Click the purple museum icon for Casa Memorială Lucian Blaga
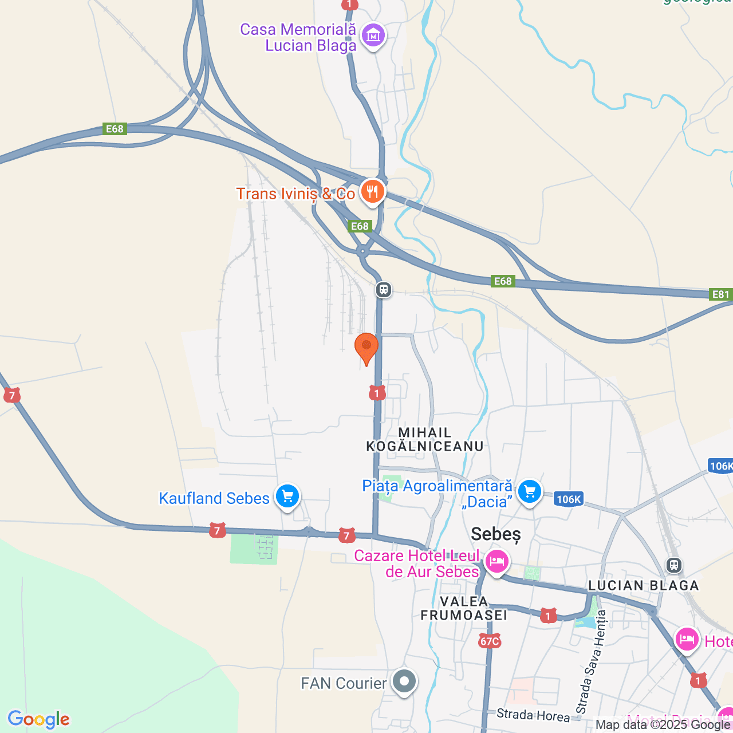(x=373, y=36)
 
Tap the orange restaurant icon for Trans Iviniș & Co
(x=372, y=192)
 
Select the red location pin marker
(x=366, y=347)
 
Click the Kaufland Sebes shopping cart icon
(x=287, y=496)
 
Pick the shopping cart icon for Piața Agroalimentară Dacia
(x=529, y=491)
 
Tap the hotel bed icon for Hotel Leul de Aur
(x=496, y=561)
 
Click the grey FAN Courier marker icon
(x=405, y=682)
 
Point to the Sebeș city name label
(x=496, y=534)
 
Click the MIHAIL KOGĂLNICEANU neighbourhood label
(x=425, y=439)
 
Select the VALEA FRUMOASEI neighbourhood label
(x=464, y=608)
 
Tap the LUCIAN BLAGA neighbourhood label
(x=644, y=585)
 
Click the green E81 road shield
(x=720, y=294)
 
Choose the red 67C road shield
(x=490, y=641)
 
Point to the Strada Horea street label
(x=533, y=715)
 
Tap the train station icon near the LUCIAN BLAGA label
(x=674, y=565)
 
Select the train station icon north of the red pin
(x=384, y=290)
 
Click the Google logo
(x=39, y=719)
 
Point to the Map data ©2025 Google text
(x=663, y=725)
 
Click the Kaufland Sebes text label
(x=214, y=498)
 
